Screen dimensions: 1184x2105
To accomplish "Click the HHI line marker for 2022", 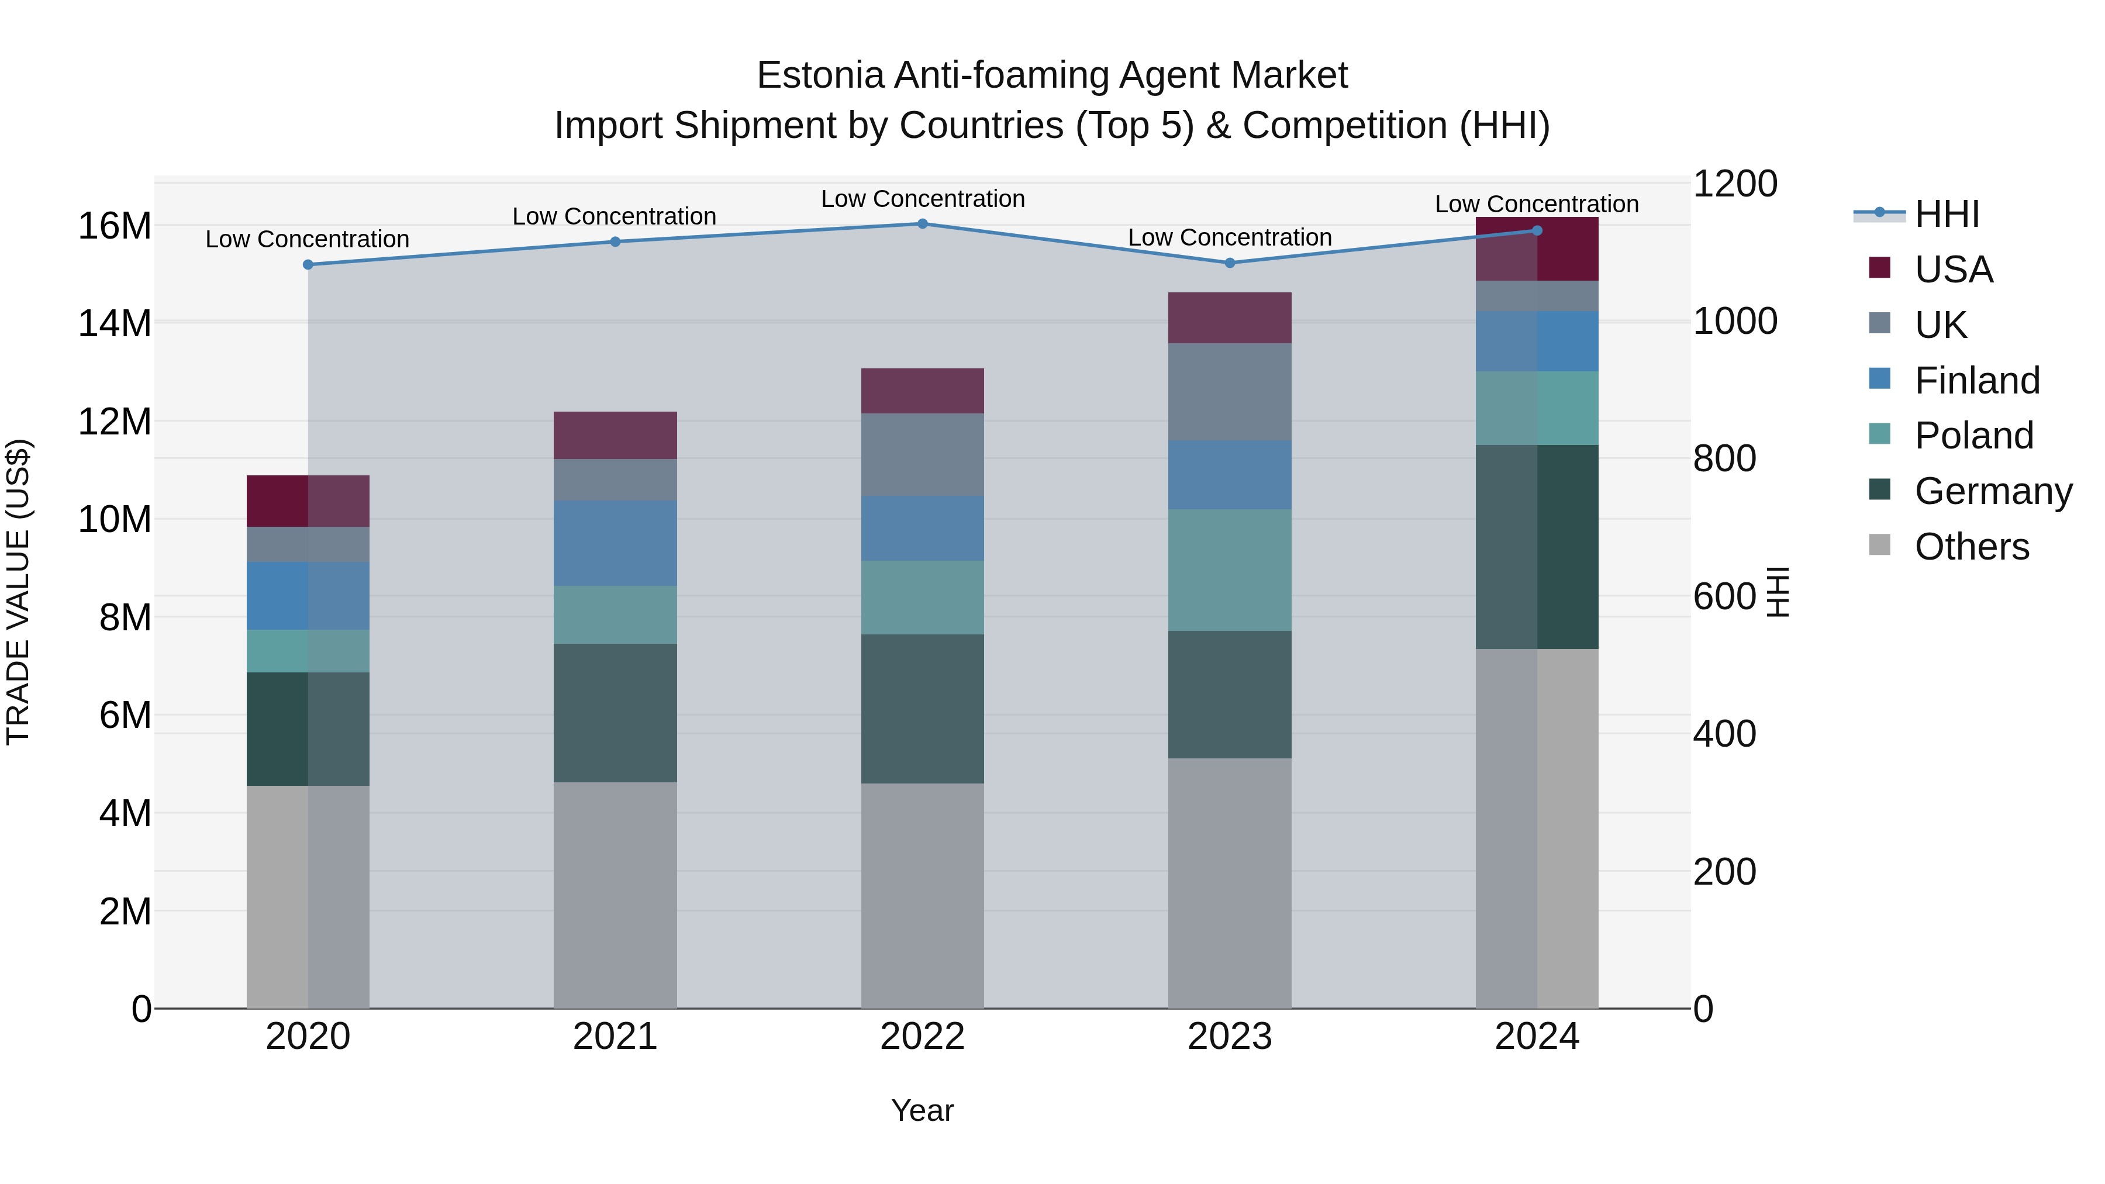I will [x=923, y=224].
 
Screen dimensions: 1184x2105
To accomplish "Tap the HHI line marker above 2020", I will [x=308, y=265].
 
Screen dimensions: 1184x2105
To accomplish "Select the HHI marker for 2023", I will [x=1230, y=263].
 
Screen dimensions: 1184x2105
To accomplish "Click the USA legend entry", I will [x=1953, y=270].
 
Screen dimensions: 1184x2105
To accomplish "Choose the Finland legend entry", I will [x=1977, y=381].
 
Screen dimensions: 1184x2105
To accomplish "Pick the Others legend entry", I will [x=1971, y=547].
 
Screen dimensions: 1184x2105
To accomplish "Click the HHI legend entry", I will [x=1947, y=214].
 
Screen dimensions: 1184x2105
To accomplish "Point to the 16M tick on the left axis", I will [x=115, y=226].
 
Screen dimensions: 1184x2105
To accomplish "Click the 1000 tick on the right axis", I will [x=1735, y=321].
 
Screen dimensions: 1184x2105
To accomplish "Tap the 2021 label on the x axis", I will [x=615, y=1037].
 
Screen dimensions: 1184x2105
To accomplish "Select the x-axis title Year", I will [x=923, y=1110].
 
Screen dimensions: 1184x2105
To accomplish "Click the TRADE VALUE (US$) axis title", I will [x=18, y=592].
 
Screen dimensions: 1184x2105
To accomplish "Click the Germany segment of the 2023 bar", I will [x=1230, y=695].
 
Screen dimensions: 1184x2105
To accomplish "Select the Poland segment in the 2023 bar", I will [x=1230, y=570].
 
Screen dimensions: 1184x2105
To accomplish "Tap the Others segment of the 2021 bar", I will [x=615, y=895].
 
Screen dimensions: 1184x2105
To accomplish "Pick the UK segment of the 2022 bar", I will [x=923, y=454].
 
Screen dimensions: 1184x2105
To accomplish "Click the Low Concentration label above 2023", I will [x=1230, y=238].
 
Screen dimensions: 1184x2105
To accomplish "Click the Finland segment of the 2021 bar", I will [x=615, y=543].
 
